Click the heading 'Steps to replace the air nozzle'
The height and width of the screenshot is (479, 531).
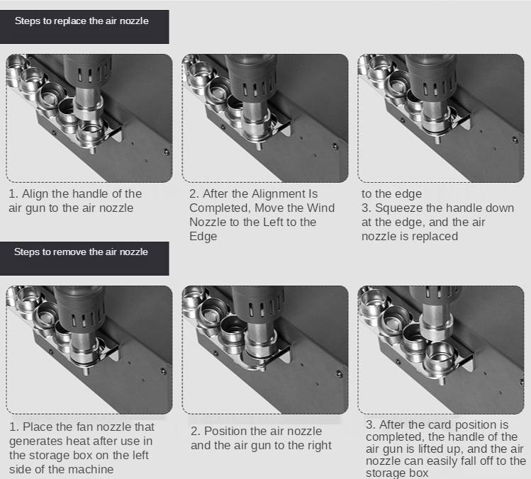point(82,21)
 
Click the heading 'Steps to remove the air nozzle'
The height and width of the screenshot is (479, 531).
point(81,252)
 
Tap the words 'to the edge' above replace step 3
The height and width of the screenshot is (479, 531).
point(391,194)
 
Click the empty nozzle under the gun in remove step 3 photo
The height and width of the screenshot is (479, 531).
point(440,358)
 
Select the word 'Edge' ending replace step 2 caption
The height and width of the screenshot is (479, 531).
point(203,236)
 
